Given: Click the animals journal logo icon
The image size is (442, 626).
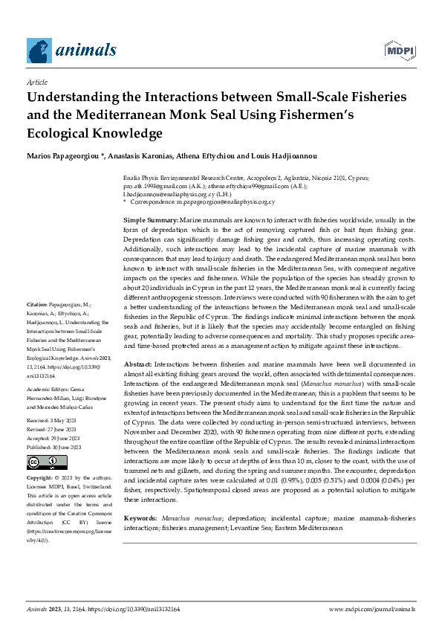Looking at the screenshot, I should click(39, 50).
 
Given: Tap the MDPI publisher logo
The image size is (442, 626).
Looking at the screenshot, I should click(399, 51).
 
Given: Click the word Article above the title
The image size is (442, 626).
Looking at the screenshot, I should click(36, 83).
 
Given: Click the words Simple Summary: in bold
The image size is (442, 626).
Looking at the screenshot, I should click(150, 221).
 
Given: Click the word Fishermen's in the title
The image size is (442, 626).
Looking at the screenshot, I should click(312, 115).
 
